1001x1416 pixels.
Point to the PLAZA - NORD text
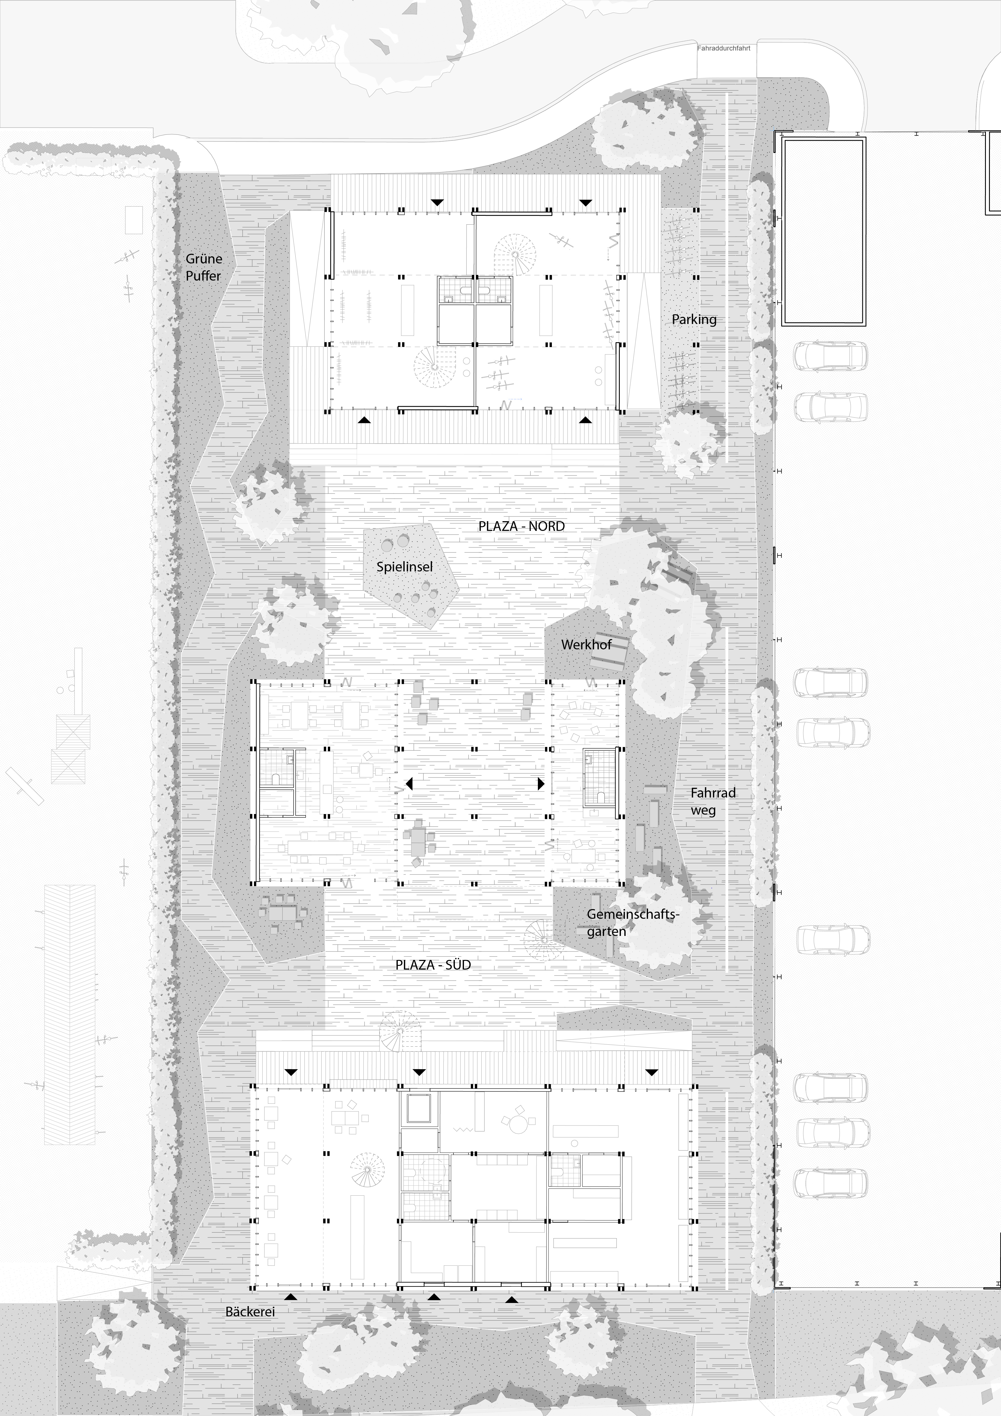coord(521,526)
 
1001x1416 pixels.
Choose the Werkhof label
coord(586,644)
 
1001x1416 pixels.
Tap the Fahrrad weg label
coord(713,801)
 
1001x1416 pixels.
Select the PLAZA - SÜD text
coord(433,964)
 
